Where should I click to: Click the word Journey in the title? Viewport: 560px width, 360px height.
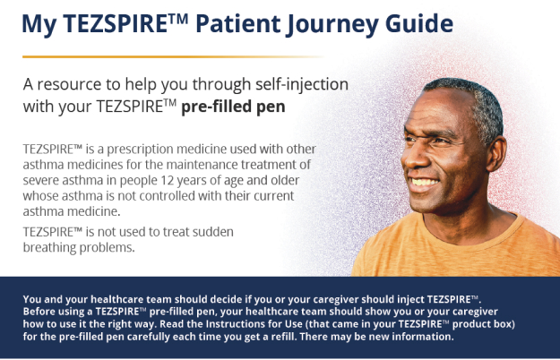(332, 24)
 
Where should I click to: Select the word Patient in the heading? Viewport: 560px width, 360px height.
(237, 23)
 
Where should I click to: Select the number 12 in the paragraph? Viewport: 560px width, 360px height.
(167, 180)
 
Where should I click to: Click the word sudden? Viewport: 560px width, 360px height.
(213, 232)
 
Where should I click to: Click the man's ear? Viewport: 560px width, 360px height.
(497, 153)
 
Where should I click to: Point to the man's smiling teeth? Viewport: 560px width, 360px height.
(425, 183)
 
